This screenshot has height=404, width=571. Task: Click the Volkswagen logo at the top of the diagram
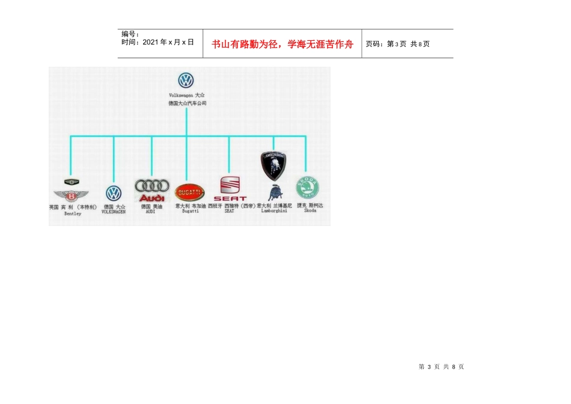pyautogui.click(x=186, y=80)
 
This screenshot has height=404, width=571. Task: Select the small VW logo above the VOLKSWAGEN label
pyautogui.click(x=114, y=193)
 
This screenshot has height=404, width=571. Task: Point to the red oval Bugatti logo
pyautogui.click(x=190, y=192)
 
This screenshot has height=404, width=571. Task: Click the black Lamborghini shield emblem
pyautogui.click(x=273, y=165)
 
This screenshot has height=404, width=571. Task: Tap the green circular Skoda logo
pyautogui.click(x=307, y=188)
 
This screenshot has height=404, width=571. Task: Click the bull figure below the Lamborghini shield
pyautogui.click(x=276, y=193)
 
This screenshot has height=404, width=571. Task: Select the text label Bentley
pyautogui.click(x=72, y=213)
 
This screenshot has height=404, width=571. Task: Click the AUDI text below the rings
pyautogui.click(x=150, y=212)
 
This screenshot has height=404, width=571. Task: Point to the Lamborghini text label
pyautogui.click(x=273, y=211)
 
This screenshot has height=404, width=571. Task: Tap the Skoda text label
pyautogui.click(x=310, y=211)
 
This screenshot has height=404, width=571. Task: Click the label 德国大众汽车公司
pyautogui.click(x=187, y=103)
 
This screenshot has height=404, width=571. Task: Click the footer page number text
pyautogui.click(x=441, y=367)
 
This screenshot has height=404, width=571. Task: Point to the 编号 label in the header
pyautogui.click(x=130, y=34)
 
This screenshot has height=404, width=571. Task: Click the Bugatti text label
pyautogui.click(x=190, y=212)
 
